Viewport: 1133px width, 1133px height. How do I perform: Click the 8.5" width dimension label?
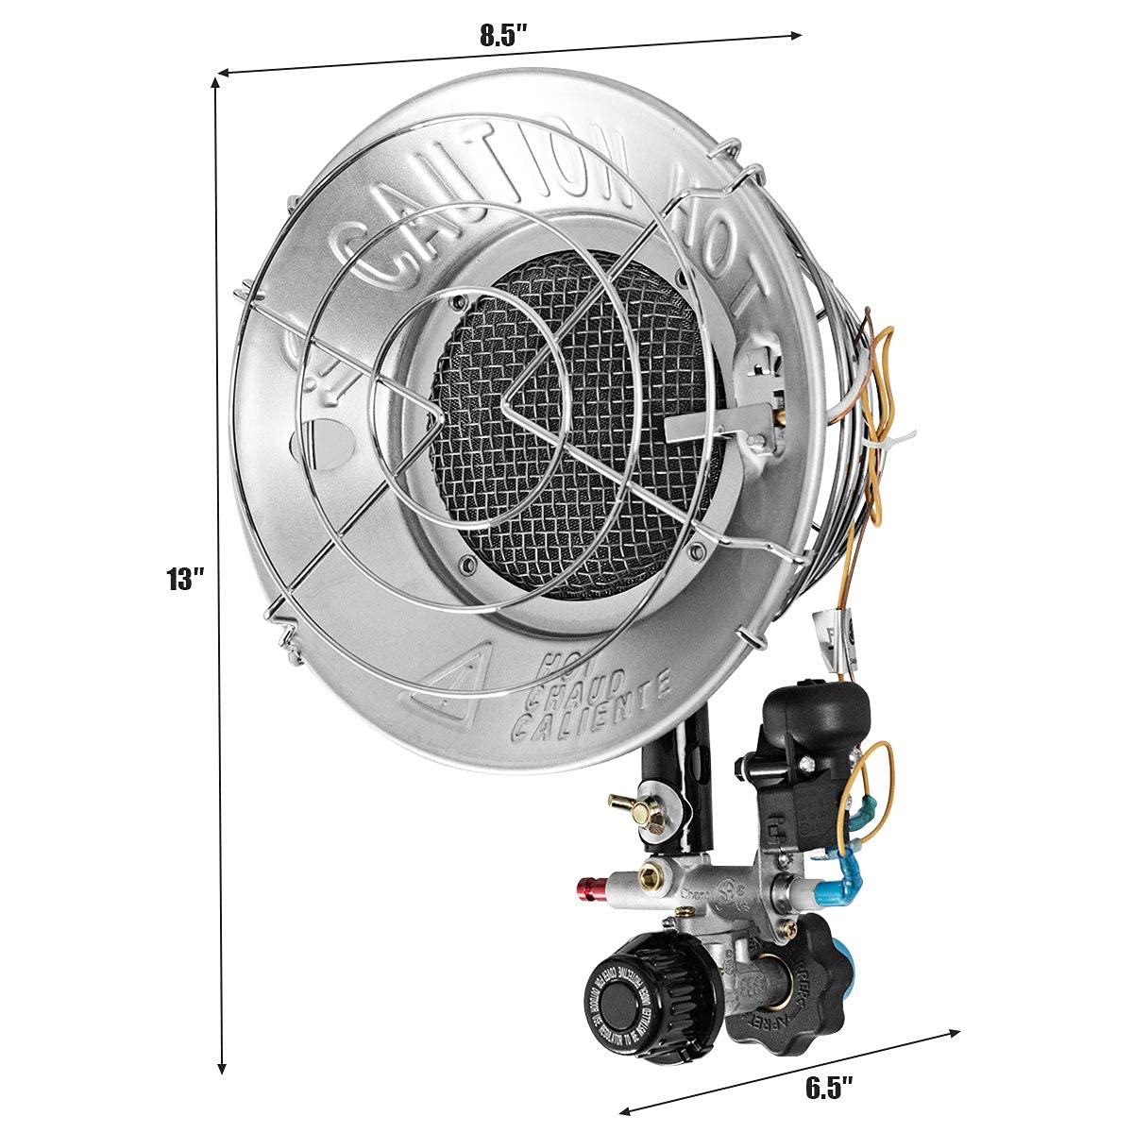pos(501,36)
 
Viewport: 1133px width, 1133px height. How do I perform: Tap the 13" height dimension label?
pos(186,579)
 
